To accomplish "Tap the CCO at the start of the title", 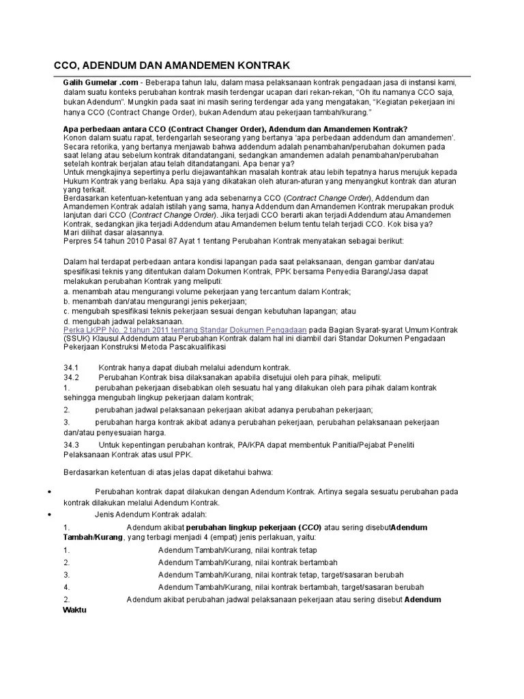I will (x=68, y=65).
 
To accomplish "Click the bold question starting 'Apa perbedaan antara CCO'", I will (x=235, y=129).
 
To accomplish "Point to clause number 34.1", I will (x=72, y=367).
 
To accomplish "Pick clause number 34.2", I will (x=72, y=377).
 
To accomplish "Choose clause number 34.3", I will (x=72, y=444).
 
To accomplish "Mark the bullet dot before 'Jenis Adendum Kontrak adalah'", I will (x=53, y=513).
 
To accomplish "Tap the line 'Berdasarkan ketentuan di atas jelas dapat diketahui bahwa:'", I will (x=168, y=472).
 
